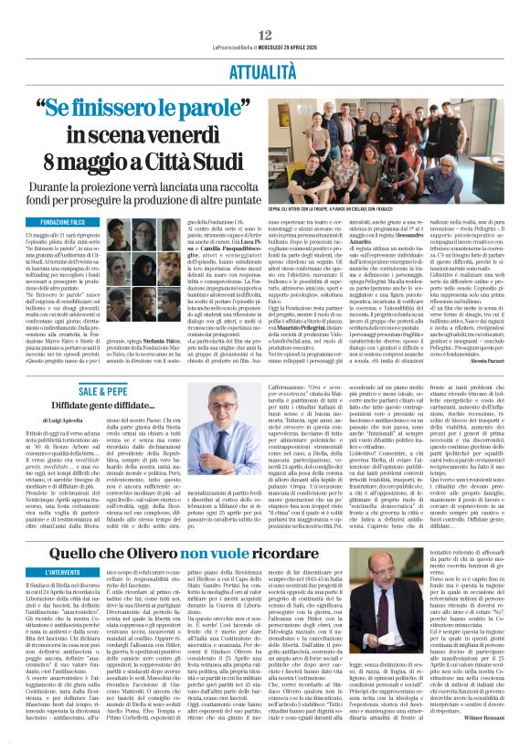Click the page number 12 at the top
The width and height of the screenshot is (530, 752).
pyautogui.click(x=265, y=9)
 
